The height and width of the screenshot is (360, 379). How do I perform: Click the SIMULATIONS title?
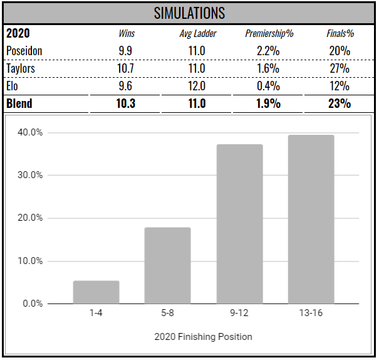point(189,13)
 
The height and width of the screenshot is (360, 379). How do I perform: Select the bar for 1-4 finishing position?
point(96,292)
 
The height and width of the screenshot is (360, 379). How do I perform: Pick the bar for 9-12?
point(239,224)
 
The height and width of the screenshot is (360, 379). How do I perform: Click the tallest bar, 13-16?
point(311,220)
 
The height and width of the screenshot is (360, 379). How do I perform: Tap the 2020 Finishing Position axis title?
point(203,337)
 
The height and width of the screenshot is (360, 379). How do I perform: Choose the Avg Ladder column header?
point(197,34)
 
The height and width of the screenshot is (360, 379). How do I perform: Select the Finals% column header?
point(339,34)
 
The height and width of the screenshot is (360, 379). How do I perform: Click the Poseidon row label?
point(24,51)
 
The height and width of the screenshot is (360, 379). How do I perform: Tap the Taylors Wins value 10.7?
point(127,68)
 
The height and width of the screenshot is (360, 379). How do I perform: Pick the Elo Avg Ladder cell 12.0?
point(197,86)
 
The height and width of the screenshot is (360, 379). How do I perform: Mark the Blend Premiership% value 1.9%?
point(268,103)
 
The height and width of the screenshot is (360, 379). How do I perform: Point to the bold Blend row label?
point(19,103)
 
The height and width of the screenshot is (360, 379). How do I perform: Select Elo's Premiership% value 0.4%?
point(268,86)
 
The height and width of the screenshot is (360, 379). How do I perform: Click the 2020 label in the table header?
point(18,33)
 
